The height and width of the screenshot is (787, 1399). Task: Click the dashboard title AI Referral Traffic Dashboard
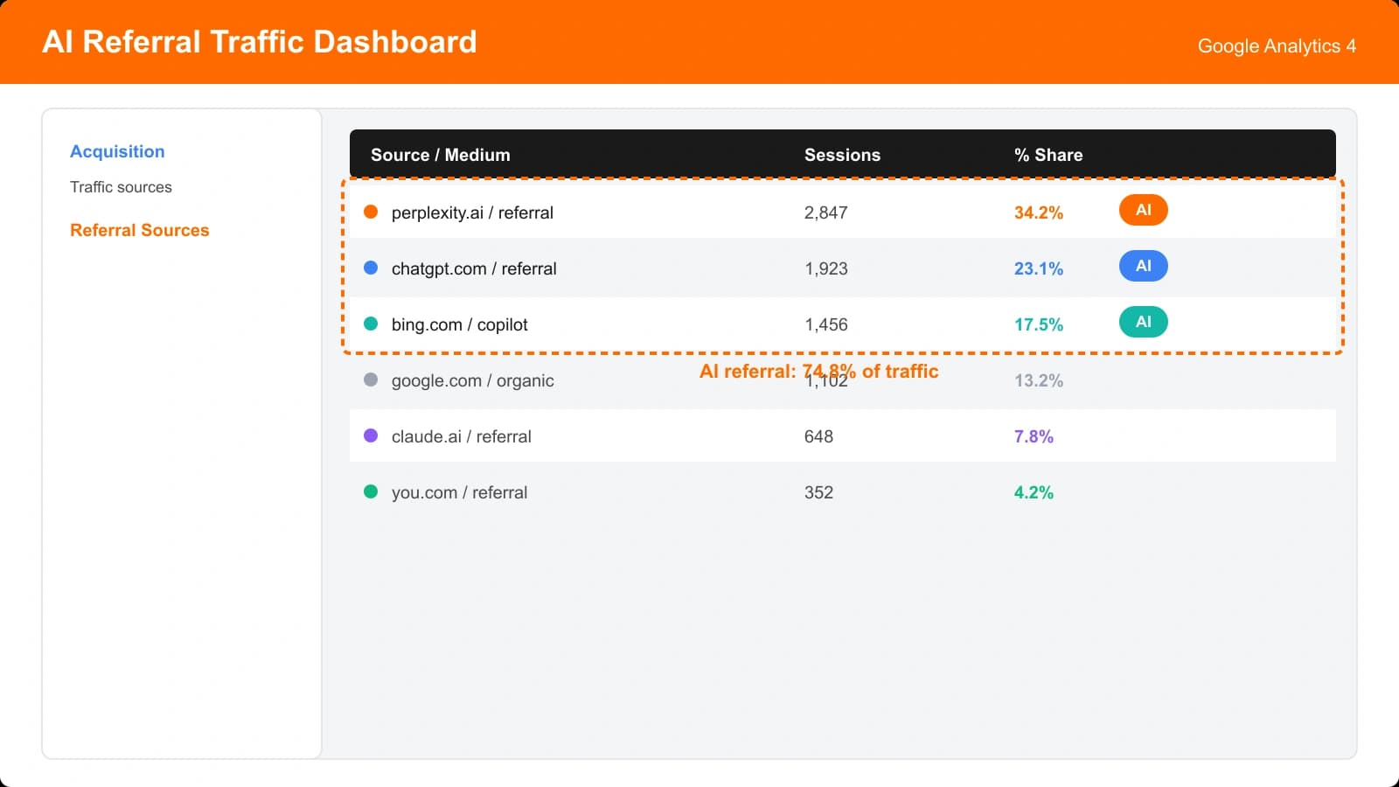(x=259, y=42)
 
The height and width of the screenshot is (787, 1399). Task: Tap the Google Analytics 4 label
(x=1276, y=46)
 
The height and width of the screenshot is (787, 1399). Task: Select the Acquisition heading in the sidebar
(x=117, y=151)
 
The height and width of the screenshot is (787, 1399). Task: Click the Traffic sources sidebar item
(x=121, y=187)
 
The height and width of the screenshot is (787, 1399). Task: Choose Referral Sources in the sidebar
(x=140, y=230)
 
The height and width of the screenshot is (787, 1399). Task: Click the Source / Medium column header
(x=440, y=155)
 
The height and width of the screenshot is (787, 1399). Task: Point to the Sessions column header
(x=842, y=155)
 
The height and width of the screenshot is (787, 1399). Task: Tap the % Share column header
(x=1048, y=155)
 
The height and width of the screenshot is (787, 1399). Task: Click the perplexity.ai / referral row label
(x=472, y=212)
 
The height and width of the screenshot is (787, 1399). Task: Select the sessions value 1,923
(x=825, y=268)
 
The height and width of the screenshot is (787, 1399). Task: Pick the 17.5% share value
(x=1038, y=324)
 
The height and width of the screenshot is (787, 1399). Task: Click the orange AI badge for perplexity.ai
(x=1143, y=210)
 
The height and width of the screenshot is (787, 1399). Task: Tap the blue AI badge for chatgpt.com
(x=1143, y=266)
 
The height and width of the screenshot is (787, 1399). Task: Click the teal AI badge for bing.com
(x=1143, y=322)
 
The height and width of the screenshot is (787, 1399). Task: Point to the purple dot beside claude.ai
(x=371, y=435)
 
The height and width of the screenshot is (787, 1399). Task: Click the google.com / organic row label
(x=472, y=380)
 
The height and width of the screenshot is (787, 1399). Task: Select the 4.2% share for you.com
(x=1033, y=492)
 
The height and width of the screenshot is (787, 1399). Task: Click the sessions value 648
(x=818, y=436)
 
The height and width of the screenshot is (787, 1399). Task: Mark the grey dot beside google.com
(x=371, y=380)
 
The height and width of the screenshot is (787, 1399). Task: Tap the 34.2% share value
(x=1038, y=212)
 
